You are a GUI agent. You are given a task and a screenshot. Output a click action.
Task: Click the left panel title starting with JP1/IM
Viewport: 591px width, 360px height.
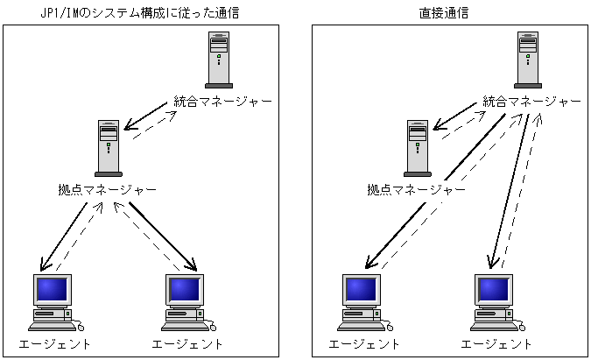pos(140,13)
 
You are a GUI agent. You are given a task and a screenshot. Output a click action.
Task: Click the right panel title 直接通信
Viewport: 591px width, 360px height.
pos(444,13)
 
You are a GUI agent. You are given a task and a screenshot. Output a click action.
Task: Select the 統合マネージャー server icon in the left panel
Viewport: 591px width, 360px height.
pos(219,60)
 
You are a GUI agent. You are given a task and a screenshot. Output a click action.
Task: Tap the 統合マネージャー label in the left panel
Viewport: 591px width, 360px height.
pos(222,102)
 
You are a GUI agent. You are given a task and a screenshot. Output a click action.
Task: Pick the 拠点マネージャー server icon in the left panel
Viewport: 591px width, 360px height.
pos(109,148)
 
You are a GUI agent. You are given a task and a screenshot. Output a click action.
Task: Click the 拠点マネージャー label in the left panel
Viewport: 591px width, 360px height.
pos(108,189)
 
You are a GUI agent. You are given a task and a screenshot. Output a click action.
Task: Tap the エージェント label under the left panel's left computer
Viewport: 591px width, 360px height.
pos(54,343)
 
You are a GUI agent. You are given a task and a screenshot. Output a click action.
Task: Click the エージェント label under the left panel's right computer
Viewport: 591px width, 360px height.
pos(187,343)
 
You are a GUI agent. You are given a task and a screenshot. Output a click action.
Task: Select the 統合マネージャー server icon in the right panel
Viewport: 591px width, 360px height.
pos(528,60)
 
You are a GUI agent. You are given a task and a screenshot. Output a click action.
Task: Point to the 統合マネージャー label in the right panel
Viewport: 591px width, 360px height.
pos(531,102)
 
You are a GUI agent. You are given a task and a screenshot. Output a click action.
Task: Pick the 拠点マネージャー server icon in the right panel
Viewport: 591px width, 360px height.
pos(418,148)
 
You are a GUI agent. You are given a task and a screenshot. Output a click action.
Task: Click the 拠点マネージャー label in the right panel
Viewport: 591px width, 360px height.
pos(417,189)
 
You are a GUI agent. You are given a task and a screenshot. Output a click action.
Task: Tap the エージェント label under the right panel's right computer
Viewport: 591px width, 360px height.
pos(496,343)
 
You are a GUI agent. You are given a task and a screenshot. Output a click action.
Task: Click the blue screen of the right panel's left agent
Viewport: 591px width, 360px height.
pos(361,289)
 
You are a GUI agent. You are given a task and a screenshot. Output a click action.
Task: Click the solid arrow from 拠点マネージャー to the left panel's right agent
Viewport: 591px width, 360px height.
pos(163,236)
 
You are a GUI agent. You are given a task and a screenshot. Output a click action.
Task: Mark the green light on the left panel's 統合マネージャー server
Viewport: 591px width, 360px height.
pos(219,56)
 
